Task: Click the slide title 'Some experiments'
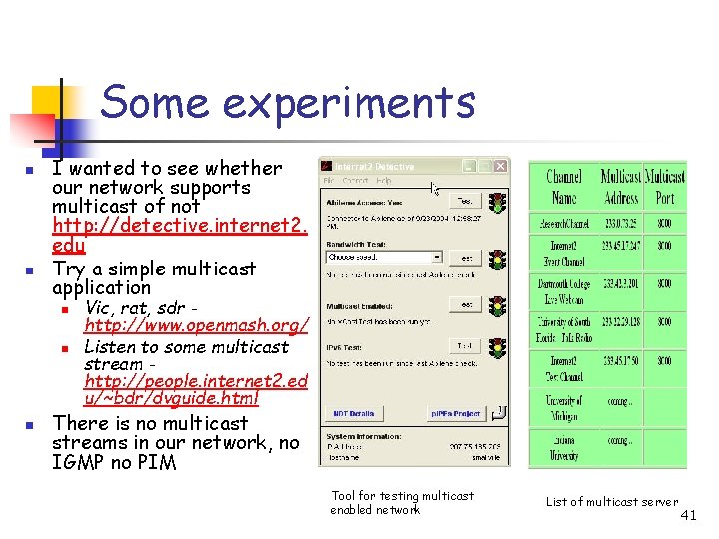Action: click(289, 102)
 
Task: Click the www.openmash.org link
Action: click(197, 326)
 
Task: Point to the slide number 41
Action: click(687, 516)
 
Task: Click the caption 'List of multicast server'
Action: click(611, 502)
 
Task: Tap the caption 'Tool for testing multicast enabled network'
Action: click(402, 503)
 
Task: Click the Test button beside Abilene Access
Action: click(465, 201)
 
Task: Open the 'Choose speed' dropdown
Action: click(384, 257)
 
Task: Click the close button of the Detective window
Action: click(500, 166)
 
